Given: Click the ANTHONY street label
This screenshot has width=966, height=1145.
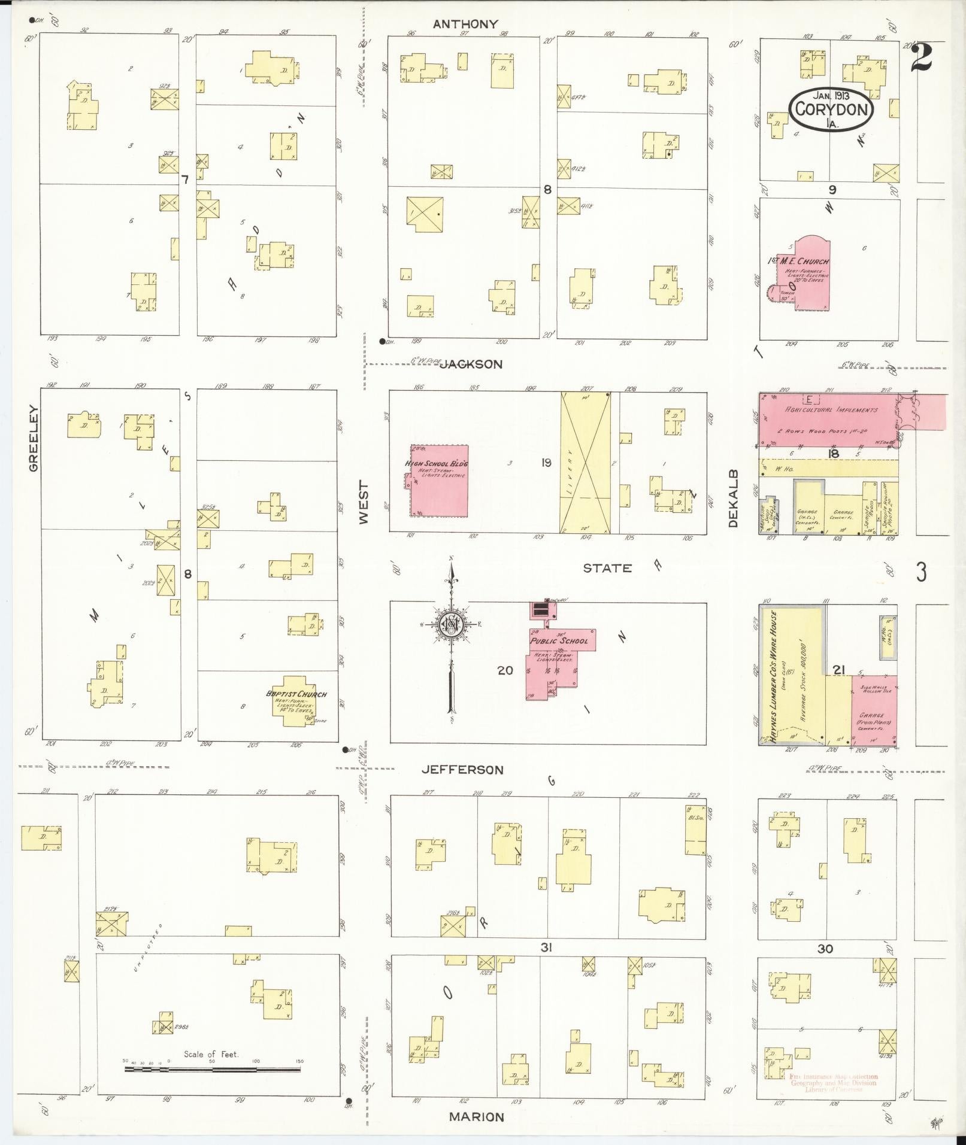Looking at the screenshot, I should pos(465,24).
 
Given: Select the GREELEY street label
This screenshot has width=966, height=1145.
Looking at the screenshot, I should pos(33,438).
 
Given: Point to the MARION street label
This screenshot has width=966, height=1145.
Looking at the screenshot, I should pos(476,1116).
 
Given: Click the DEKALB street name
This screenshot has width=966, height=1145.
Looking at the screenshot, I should pos(734,499).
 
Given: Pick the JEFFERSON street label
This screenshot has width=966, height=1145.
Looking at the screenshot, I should pos(462,770).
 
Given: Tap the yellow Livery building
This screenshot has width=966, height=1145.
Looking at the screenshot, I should pos(585,461).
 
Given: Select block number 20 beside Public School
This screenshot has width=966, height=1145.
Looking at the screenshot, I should pos(505,670).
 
